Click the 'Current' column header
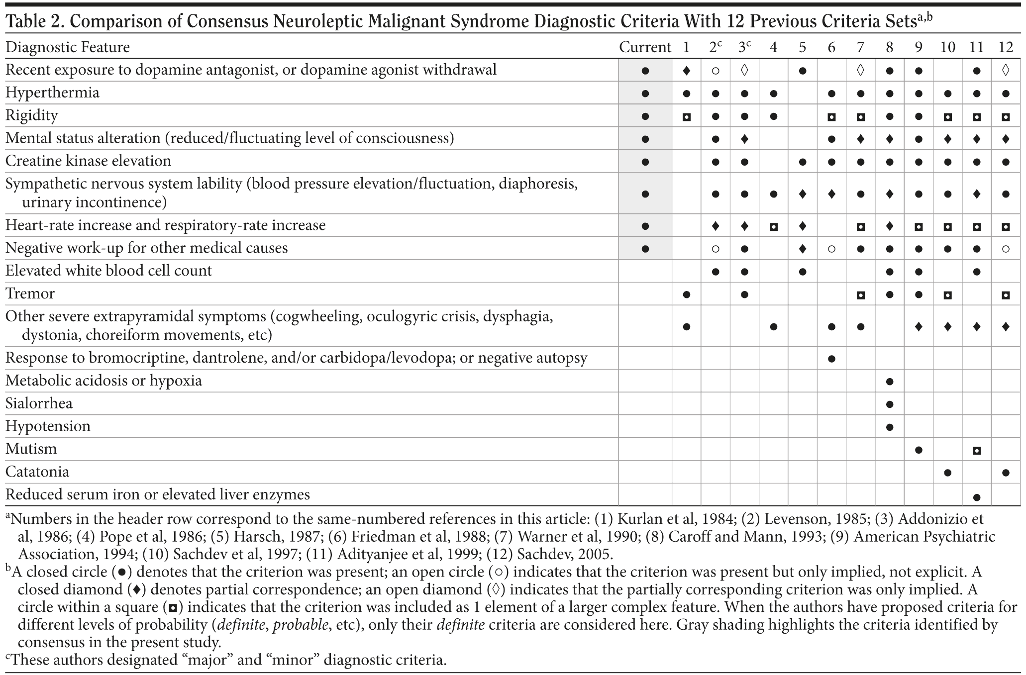coord(645,47)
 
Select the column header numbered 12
coord(1006,47)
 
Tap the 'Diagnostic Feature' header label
coord(68,47)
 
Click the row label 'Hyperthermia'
coord(52,93)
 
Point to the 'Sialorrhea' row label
coord(39,403)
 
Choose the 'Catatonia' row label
coord(37,472)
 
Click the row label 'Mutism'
coord(31,449)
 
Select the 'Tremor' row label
coord(30,293)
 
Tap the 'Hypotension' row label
coord(48,426)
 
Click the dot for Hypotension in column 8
coord(890,427)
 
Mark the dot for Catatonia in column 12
coord(1006,473)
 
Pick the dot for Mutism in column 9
coord(919,450)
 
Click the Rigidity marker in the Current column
coord(645,116)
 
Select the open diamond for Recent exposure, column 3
coord(744,71)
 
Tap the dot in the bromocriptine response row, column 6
coord(831,359)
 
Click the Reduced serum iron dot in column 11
coord(976,497)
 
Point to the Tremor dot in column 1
coord(687,294)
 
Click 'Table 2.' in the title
coord(33,21)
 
